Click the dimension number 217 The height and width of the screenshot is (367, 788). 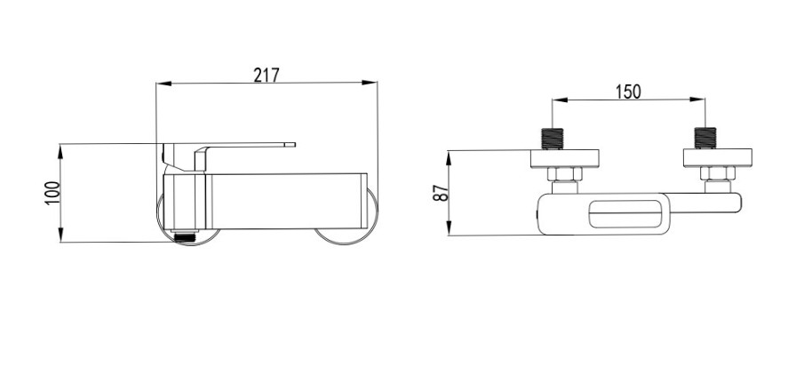[266, 76]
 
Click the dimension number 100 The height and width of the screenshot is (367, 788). [52, 193]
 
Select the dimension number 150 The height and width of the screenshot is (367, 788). [628, 92]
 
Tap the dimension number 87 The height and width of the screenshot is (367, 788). [441, 193]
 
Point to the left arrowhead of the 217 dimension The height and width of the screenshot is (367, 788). [163, 84]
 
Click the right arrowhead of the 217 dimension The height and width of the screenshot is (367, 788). [370, 83]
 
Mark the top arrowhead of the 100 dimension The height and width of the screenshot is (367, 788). [60, 151]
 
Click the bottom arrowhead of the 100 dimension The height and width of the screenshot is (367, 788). [60, 235]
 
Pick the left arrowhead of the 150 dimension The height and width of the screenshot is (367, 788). [561, 100]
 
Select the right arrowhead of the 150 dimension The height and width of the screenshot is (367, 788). [697, 100]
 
